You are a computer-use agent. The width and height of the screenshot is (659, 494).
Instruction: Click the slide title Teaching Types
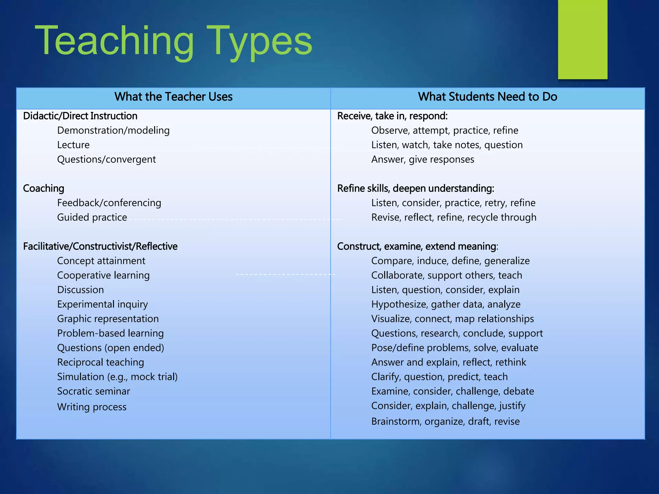coord(173,41)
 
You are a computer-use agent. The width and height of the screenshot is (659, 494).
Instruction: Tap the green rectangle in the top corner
coord(582,39)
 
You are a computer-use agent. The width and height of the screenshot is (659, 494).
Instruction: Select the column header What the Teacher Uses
coord(173,97)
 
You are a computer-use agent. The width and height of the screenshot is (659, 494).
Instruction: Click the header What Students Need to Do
coord(487,97)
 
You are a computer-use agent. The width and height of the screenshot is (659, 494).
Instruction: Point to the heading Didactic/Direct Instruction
coord(80,116)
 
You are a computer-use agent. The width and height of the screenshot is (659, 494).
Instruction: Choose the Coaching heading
coord(44,188)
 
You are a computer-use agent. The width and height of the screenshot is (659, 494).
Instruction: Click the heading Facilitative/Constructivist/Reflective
coord(100,246)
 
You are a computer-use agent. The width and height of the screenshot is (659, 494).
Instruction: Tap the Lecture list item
coord(73,145)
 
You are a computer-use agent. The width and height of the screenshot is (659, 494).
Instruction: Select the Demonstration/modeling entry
coord(113,131)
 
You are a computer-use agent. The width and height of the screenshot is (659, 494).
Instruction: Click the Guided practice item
coord(92,217)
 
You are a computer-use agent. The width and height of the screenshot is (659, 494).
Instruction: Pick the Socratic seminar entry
coord(94,391)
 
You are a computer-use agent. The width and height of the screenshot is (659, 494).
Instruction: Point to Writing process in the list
coord(92,407)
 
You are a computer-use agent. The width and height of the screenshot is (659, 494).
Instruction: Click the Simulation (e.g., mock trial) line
coord(117,377)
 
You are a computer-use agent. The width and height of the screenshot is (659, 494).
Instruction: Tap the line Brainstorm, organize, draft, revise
coord(445,422)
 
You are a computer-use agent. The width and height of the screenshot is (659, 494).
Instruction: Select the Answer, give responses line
coord(423,160)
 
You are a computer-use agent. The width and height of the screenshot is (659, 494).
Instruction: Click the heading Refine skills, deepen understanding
coord(415,188)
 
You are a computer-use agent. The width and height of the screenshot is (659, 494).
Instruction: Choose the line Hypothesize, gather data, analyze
coord(446,304)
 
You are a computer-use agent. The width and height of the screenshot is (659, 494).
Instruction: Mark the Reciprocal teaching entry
coord(100,362)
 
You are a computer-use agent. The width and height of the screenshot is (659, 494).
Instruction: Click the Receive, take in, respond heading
coord(392,116)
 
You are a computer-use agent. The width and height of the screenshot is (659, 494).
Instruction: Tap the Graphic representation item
coord(108,319)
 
